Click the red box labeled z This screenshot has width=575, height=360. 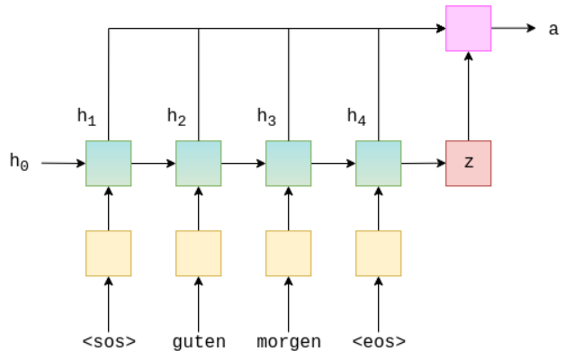click(x=468, y=163)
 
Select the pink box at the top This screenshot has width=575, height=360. click(x=468, y=28)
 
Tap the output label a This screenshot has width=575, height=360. click(x=553, y=29)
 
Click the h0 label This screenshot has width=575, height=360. click(x=20, y=162)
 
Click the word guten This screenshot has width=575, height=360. click(x=198, y=342)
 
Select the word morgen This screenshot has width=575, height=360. click(x=288, y=342)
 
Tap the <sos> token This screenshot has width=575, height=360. click(x=108, y=342)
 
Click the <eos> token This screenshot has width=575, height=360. click(x=378, y=342)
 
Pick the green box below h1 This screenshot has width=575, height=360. click(x=108, y=163)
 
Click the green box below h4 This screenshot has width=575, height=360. click(x=378, y=163)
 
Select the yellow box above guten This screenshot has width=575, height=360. click(x=198, y=253)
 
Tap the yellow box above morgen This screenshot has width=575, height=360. click(x=288, y=253)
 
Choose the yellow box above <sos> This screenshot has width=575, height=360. click(x=108, y=253)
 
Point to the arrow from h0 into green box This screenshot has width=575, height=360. click(x=63, y=163)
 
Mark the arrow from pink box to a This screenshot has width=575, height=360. click(x=513, y=28)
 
